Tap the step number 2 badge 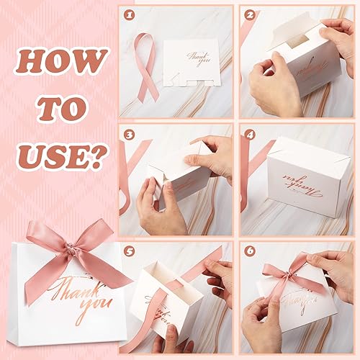249,14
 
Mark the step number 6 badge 249,251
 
